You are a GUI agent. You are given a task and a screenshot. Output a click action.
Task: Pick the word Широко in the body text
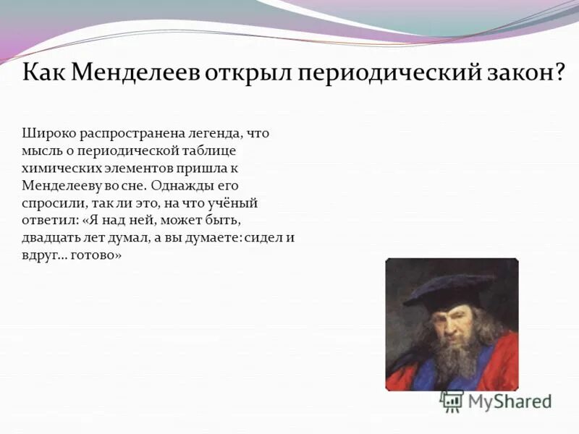coord(45,134)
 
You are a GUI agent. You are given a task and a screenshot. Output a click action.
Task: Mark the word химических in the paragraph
coord(55,169)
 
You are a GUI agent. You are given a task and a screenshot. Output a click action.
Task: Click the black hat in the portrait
coord(449,289)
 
